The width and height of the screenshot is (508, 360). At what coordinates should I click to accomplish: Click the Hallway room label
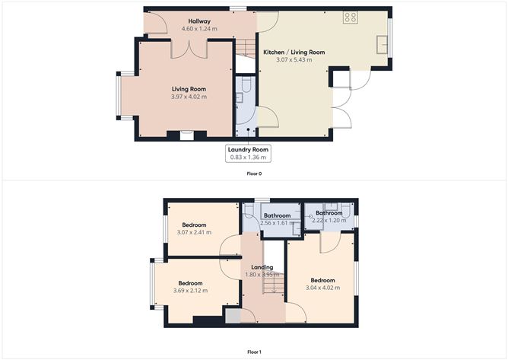click(x=199, y=21)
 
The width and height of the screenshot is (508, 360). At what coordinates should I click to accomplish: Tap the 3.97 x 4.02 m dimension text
click(x=189, y=97)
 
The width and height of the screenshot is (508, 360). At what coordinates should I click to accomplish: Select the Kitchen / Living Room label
click(x=294, y=52)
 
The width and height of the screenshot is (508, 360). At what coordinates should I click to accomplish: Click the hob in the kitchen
click(x=351, y=17)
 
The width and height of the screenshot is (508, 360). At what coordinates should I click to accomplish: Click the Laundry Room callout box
click(x=248, y=153)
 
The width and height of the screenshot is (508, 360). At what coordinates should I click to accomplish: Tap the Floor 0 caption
click(x=254, y=174)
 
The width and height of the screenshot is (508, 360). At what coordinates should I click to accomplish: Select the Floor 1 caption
click(x=254, y=352)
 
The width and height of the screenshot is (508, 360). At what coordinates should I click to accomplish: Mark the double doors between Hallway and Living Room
click(x=185, y=49)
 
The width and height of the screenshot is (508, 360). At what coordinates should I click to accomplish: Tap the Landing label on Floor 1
click(x=262, y=267)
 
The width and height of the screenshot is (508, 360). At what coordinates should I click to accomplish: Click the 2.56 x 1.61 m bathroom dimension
click(x=277, y=223)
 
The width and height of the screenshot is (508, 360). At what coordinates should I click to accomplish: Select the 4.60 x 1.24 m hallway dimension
click(x=199, y=29)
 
